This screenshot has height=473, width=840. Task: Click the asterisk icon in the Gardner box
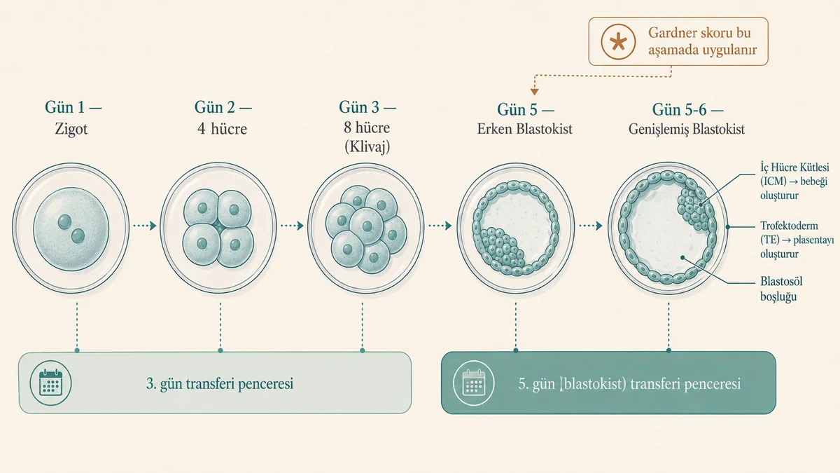tap(618, 41)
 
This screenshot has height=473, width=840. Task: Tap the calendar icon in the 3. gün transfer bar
tap(50, 383)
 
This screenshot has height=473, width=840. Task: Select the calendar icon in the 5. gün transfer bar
tap(474, 383)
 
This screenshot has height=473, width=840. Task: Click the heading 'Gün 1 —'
tap(73, 107)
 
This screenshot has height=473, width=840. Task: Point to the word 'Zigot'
tap(71, 129)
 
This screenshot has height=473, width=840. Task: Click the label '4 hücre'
tap(222, 129)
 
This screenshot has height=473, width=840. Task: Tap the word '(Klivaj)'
tap(367, 146)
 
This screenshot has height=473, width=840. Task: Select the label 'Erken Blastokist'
tap(524, 129)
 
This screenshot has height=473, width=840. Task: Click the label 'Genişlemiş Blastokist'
tap(687, 130)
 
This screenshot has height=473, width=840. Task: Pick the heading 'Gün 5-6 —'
tap(687, 109)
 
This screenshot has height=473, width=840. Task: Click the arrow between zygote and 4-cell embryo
tap(144, 226)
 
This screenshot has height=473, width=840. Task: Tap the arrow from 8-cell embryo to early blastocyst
tap(440, 226)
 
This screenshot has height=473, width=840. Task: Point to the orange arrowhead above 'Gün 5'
tap(534, 92)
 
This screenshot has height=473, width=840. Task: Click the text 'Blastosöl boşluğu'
tap(781, 289)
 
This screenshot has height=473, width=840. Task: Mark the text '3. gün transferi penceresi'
tap(220, 384)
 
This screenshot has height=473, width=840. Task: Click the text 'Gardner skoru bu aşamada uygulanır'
tap(702, 41)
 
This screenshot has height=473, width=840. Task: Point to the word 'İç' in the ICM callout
tap(764, 167)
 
